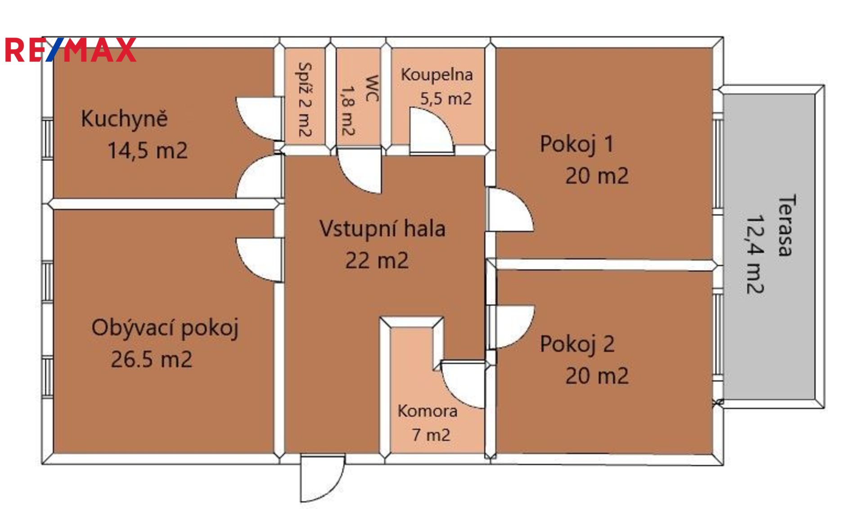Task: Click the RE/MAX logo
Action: (70, 49)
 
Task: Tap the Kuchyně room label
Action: (124, 119)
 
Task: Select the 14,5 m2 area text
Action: (148, 150)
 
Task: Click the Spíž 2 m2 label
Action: (305, 100)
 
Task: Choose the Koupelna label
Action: (436, 75)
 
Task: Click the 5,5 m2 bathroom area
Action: (445, 98)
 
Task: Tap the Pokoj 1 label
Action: (577, 144)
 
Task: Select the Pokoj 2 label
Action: (577, 344)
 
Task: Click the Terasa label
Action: (786, 225)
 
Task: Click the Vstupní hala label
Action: (382, 228)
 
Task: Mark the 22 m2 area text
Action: (377, 261)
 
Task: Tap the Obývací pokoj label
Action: (165, 328)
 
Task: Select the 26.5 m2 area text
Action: (152, 359)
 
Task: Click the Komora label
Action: (427, 411)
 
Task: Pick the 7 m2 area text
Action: (431, 435)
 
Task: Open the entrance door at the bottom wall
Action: (322, 478)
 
